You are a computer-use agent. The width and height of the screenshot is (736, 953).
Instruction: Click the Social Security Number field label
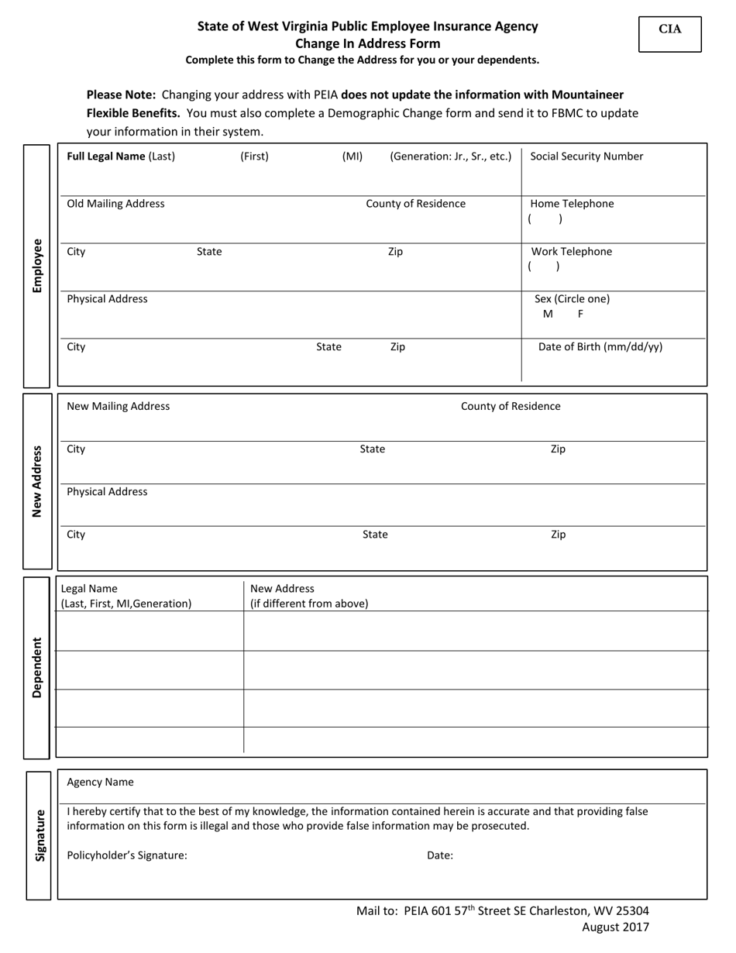pyautogui.click(x=586, y=157)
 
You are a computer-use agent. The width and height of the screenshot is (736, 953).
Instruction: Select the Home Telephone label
pyautogui.click(x=572, y=204)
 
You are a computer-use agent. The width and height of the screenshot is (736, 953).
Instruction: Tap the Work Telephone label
pyautogui.click(x=571, y=252)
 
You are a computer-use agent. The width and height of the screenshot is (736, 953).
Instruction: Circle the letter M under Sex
pyautogui.click(x=548, y=315)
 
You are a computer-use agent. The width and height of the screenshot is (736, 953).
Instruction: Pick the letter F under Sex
pyautogui.click(x=580, y=315)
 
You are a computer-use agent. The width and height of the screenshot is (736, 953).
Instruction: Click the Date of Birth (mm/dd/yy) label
pyautogui.click(x=600, y=347)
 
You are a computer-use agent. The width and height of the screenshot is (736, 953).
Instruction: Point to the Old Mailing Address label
pyautogui.click(x=115, y=204)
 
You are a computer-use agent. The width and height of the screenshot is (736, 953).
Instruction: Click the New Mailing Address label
pyautogui.click(x=118, y=406)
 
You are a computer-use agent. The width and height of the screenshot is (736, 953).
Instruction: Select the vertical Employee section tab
pyautogui.click(x=37, y=266)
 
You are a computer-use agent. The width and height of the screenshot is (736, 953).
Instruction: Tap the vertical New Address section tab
pyautogui.click(x=37, y=481)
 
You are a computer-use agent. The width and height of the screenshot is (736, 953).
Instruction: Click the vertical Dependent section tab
pyautogui.click(x=37, y=667)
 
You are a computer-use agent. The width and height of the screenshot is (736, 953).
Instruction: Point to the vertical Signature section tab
pyautogui.click(x=39, y=835)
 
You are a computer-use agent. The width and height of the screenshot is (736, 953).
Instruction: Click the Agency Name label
pyautogui.click(x=100, y=783)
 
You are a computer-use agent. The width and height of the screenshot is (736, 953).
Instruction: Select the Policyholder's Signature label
pyautogui.click(x=127, y=856)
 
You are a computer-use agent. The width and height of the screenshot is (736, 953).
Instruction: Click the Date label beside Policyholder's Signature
pyautogui.click(x=439, y=856)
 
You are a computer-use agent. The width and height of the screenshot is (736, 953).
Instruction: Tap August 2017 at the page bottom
pyautogui.click(x=615, y=927)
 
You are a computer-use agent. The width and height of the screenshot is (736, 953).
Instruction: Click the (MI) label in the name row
pyautogui.click(x=352, y=157)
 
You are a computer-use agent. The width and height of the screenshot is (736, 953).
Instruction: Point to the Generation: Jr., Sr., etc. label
pyautogui.click(x=450, y=157)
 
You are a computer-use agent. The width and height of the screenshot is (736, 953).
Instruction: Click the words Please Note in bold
pyautogui.click(x=121, y=95)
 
